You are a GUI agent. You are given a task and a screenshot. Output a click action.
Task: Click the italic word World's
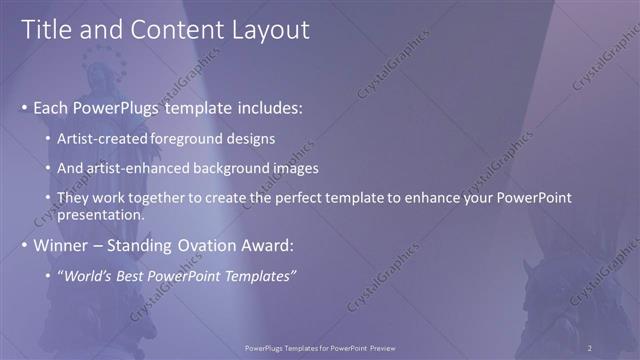click(x=90, y=275)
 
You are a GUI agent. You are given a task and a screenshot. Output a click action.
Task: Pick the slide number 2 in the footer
click(x=590, y=348)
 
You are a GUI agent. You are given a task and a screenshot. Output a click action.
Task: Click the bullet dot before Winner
click(x=25, y=245)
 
